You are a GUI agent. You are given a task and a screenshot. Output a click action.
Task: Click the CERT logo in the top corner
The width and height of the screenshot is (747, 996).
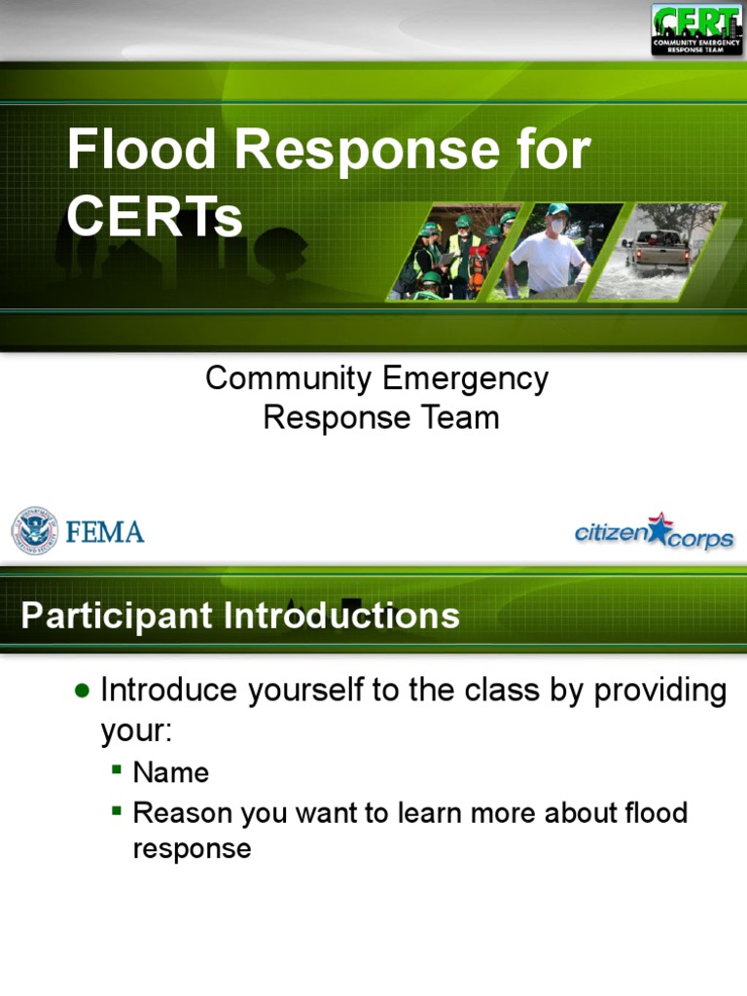coord(695,29)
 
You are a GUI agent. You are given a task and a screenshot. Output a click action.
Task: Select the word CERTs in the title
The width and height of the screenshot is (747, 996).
coord(155,217)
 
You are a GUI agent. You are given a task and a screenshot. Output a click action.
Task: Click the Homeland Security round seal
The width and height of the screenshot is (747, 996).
coord(34,531)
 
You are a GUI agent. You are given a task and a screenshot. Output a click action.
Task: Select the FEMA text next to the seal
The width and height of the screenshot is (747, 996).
coord(105,532)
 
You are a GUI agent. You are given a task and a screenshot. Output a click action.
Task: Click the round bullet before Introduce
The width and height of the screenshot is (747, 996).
coord(83,691)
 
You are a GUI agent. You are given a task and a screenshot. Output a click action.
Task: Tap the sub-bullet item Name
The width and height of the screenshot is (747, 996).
coord(171,773)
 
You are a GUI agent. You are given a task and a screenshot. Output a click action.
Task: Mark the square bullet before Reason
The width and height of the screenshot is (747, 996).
coord(117,809)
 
